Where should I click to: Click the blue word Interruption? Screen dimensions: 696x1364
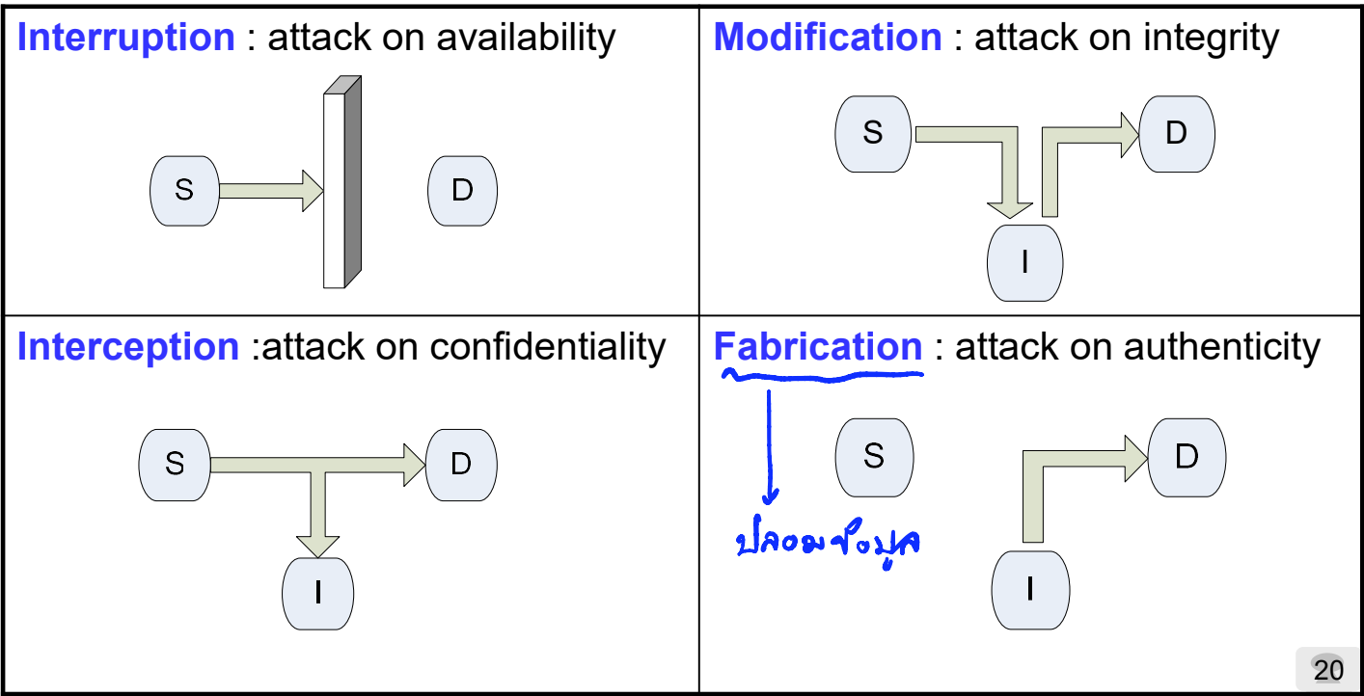(x=126, y=39)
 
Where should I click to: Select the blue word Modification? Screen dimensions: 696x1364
(x=828, y=39)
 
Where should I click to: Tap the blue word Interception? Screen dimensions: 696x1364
(x=128, y=347)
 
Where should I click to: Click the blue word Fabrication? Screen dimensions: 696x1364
(x=818, y=347)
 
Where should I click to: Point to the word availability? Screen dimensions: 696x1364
(x=526, y=39)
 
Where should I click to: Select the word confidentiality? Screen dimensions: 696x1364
(x=548, y=347)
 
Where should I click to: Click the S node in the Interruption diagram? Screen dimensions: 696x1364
(x=184, y=191)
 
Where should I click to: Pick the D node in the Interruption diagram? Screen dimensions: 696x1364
(x=462, y=191)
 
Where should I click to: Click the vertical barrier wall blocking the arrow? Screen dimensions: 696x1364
(x=342, y=183)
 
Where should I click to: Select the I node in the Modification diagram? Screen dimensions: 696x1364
(x=1024, y=262)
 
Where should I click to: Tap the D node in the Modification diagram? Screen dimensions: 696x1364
(x=1176, y=133)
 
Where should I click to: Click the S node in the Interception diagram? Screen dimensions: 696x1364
(x=175, y=465)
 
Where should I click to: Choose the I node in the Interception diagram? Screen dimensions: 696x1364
(x=317, y=593)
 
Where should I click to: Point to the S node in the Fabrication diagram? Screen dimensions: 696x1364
(x=873, y=456)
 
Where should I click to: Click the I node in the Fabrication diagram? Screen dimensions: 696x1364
(x=1030, y=589)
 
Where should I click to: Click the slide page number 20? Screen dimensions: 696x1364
(x=1327, y=670)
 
